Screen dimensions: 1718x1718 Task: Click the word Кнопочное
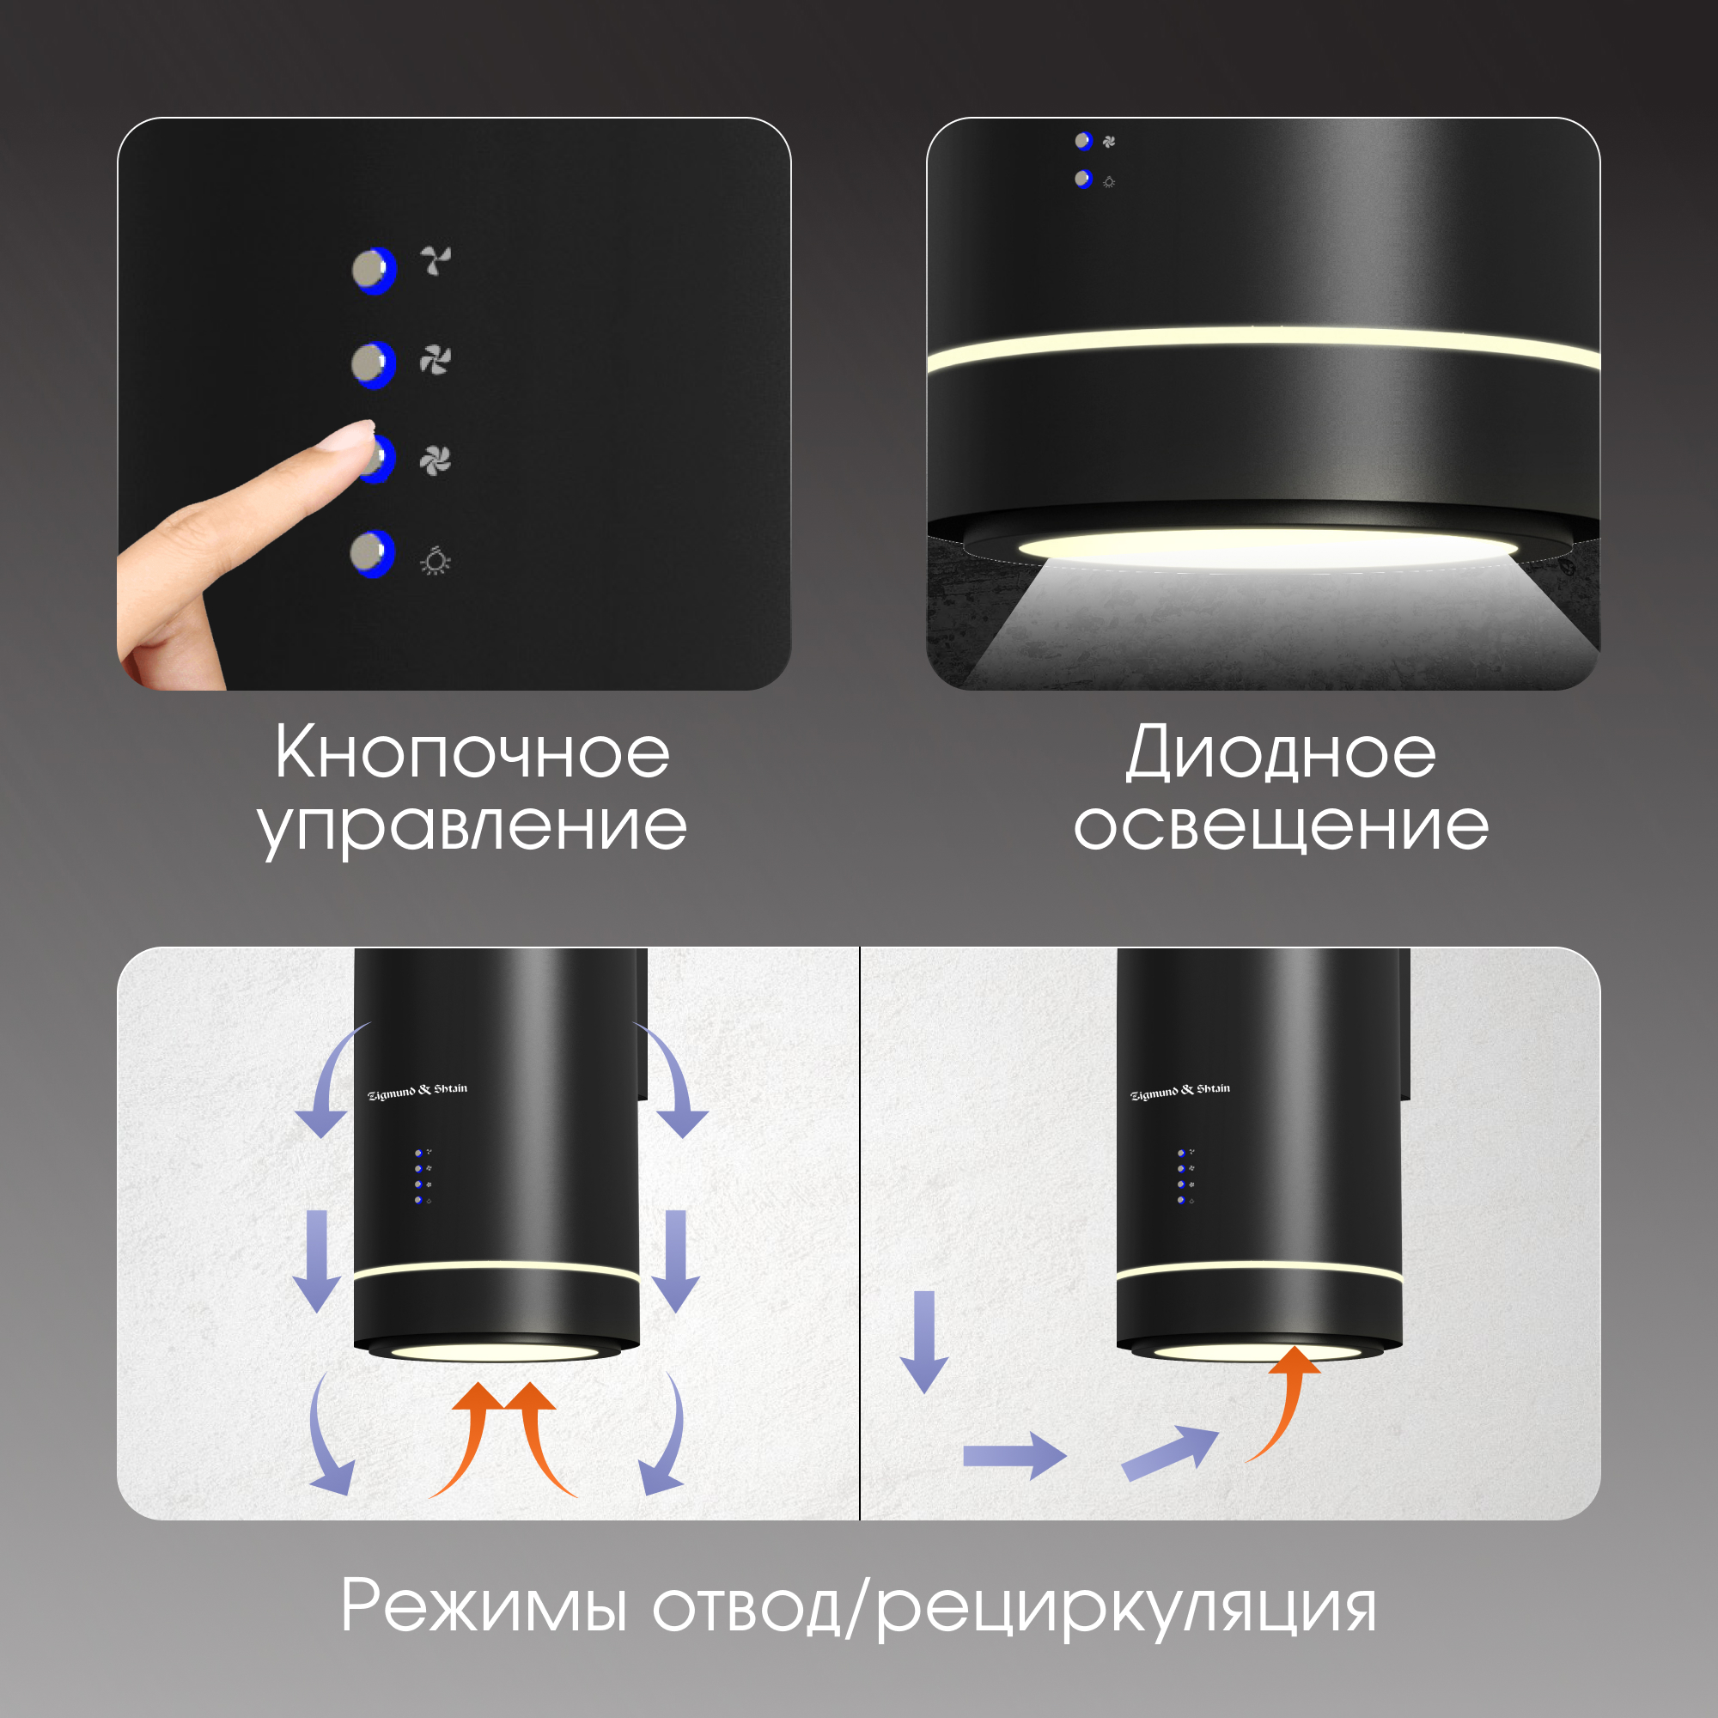pos(472,753)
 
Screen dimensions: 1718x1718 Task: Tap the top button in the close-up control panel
pos(375,271)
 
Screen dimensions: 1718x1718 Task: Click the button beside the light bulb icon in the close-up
pos(373,553)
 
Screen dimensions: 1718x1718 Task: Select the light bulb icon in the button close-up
pos(435,560)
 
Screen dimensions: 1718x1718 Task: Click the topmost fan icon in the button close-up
pos(436,260)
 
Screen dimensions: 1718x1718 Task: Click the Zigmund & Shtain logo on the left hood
pos(417,1090)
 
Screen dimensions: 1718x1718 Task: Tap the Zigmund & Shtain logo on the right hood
pos(1180,1090)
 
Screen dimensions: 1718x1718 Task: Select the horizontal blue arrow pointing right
pos(1014,1456)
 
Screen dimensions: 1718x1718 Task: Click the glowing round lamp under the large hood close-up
pos(1268,547)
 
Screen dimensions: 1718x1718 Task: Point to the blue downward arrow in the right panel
pos(925,1342)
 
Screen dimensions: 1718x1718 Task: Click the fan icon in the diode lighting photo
pos(1109,142)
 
